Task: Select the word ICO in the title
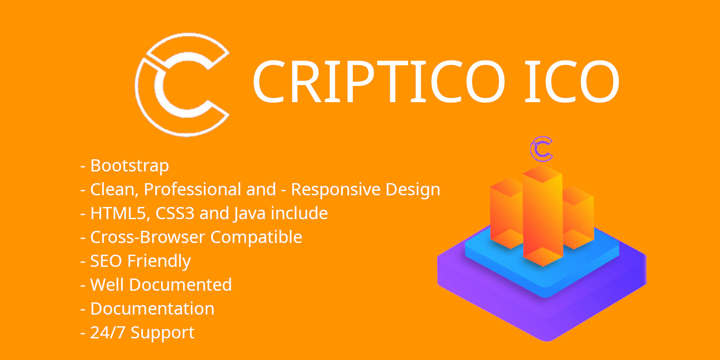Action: [571, 82]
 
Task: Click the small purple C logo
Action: [541, 149]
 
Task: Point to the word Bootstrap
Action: [130, 166]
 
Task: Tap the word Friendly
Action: [159, 261]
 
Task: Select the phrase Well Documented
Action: [161, 285]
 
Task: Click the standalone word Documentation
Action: [152, 309]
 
